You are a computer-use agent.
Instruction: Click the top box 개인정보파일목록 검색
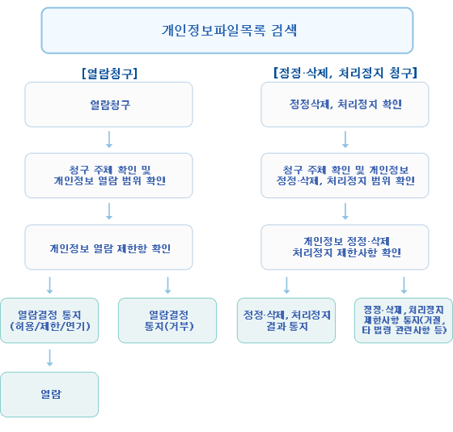(227, 31)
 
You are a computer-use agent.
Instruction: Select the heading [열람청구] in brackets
(109, 74)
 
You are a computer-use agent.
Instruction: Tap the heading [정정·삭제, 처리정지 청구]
(345, 73)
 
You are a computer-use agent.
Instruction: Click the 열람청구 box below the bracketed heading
(108, 104)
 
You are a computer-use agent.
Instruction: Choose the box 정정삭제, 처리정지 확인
(345, 104)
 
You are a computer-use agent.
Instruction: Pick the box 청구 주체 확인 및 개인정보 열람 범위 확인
(108, 176)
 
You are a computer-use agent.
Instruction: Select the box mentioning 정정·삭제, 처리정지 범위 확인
(345, 176)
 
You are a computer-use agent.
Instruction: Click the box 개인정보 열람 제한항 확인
(108, 248)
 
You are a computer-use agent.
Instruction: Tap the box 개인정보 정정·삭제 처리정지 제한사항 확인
(345, 248)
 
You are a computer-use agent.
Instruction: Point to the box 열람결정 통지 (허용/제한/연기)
(49, 320)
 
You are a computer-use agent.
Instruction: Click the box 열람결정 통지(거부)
(167, 320)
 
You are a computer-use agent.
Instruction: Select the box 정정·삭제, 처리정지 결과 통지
(286, 320)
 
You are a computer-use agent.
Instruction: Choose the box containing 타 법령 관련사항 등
(404, 320)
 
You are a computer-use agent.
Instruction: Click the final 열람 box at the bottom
(49, 395)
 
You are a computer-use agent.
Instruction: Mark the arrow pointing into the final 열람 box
(49, 358)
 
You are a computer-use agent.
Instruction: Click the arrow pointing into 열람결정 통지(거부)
(168, 286)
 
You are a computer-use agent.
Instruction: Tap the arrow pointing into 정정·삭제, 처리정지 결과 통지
(286, 286)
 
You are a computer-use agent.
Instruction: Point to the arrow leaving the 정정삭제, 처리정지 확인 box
(345, 140)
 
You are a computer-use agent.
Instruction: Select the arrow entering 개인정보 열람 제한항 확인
(109, 211)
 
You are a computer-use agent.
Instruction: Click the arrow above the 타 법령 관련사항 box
(404, 286)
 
